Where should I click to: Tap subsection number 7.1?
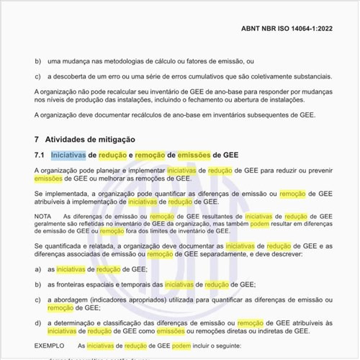40,155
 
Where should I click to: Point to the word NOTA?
43,215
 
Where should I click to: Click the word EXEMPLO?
49,346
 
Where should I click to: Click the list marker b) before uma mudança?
38,63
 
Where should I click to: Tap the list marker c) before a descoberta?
38,76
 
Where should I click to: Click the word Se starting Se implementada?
38,194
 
